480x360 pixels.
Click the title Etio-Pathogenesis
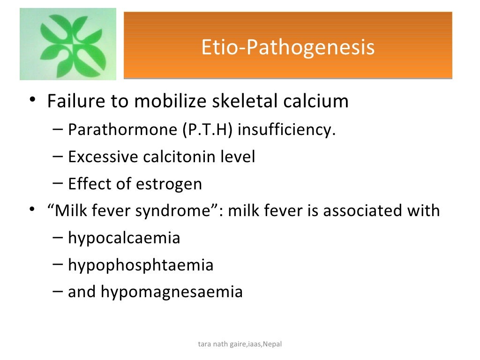coord(288,47)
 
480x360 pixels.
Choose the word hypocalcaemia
coord(124,238)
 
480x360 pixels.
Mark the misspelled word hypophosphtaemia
coord(141,265)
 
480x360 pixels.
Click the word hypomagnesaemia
coord(172,292)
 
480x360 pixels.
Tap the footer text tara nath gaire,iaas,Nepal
coord(240,345)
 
